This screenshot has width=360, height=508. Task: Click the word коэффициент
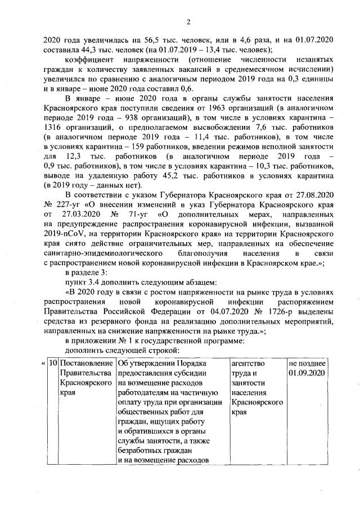click(x=91, y=60)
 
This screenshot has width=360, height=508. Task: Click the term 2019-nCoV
click(x=62, y=234)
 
